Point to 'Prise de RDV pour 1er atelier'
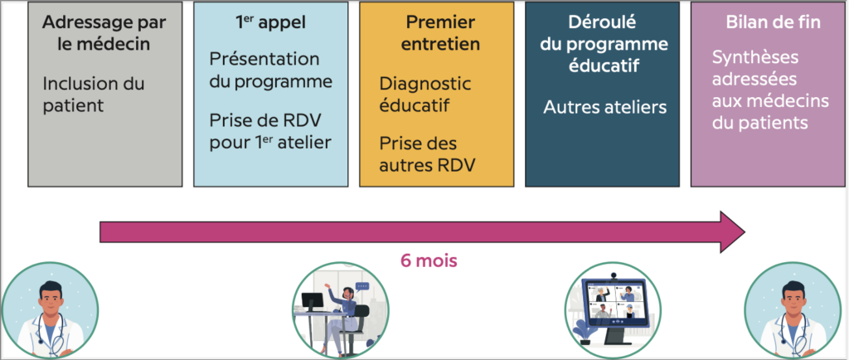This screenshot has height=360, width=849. pyautogui.click(x=270, y=131)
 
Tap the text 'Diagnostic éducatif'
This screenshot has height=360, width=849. pyautogui.click(x=424, y=95)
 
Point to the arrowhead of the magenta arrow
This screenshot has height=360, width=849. pyautogui.click(x=733, y=231)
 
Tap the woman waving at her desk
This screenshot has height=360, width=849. pyautogui.click(x=343, y=311)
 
